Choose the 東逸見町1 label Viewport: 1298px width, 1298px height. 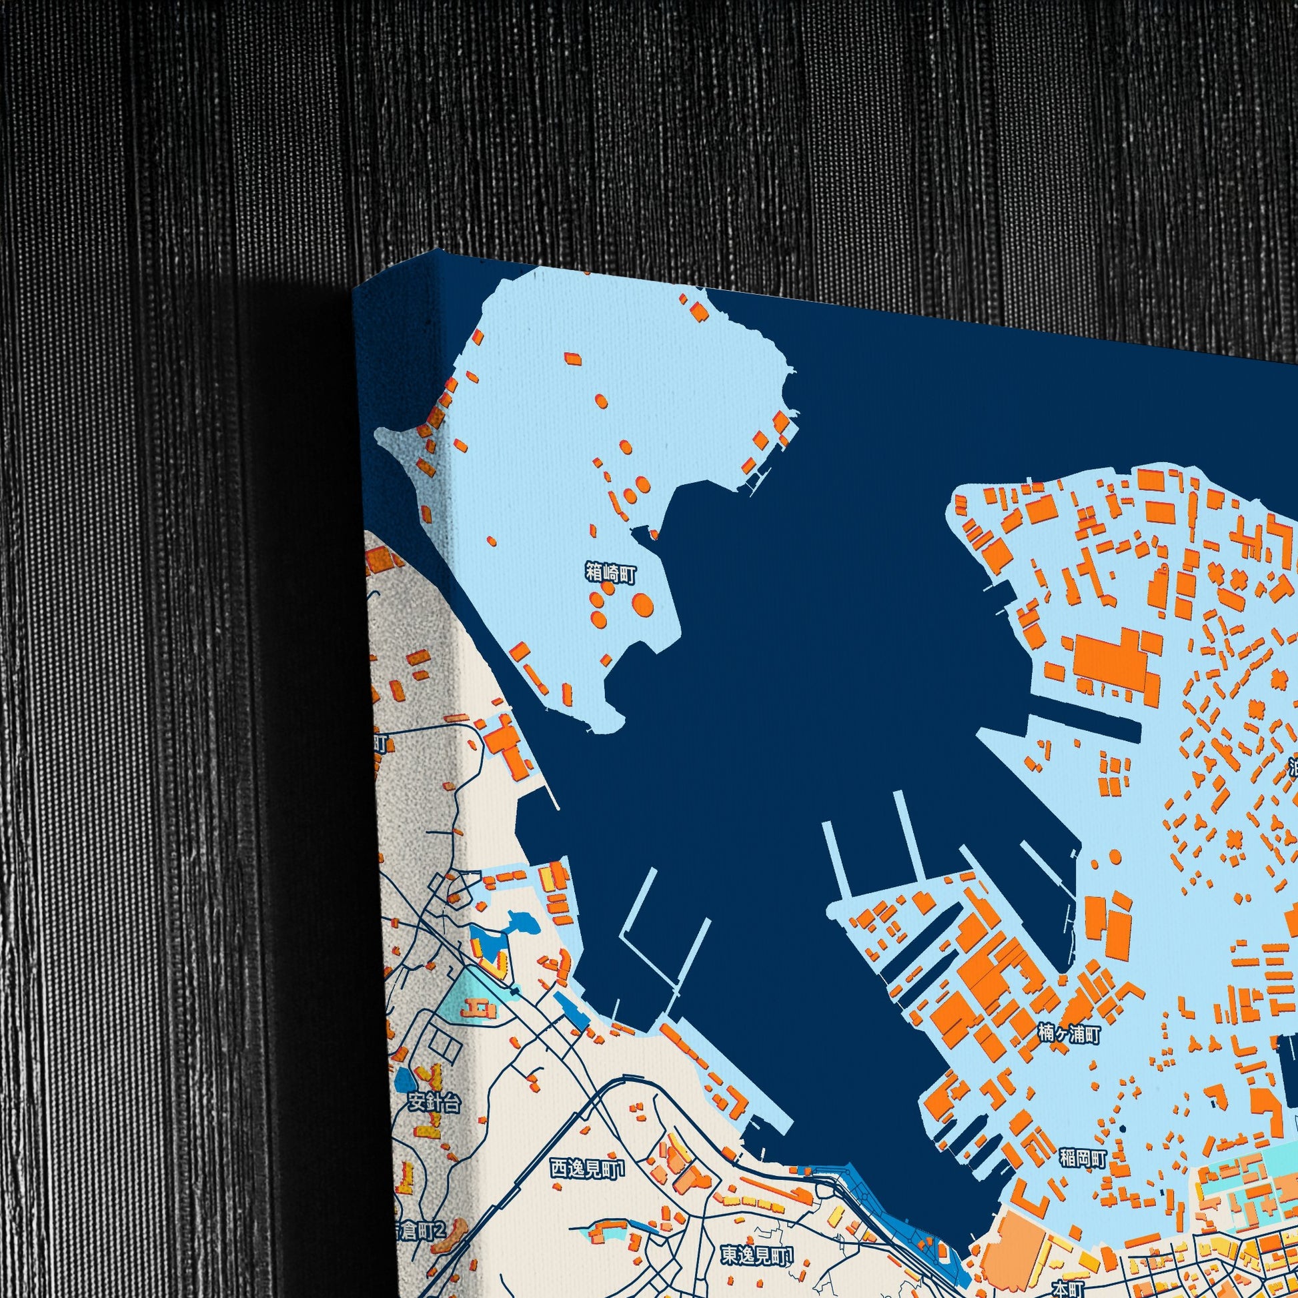pyautogui.click(x=757, y=1255)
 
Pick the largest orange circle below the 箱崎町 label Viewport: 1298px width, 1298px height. pyautogui.click(x=643, y=604)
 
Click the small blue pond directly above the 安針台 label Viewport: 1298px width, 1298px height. pyautogui.click(x=404, y=1080)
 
